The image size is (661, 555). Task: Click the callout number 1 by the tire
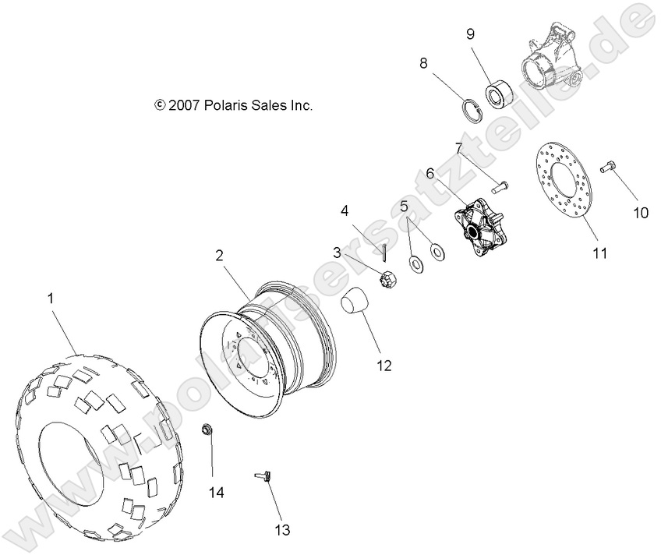point(51,298)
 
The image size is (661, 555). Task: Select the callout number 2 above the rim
point(220,255)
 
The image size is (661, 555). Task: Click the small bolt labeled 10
point(608,166)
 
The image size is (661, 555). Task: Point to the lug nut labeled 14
point(208,430)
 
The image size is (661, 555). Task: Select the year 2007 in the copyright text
point(185,105)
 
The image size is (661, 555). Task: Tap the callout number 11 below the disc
point(599,253)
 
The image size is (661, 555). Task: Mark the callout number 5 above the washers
point(404,207)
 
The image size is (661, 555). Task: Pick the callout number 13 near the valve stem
point(281,530)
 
